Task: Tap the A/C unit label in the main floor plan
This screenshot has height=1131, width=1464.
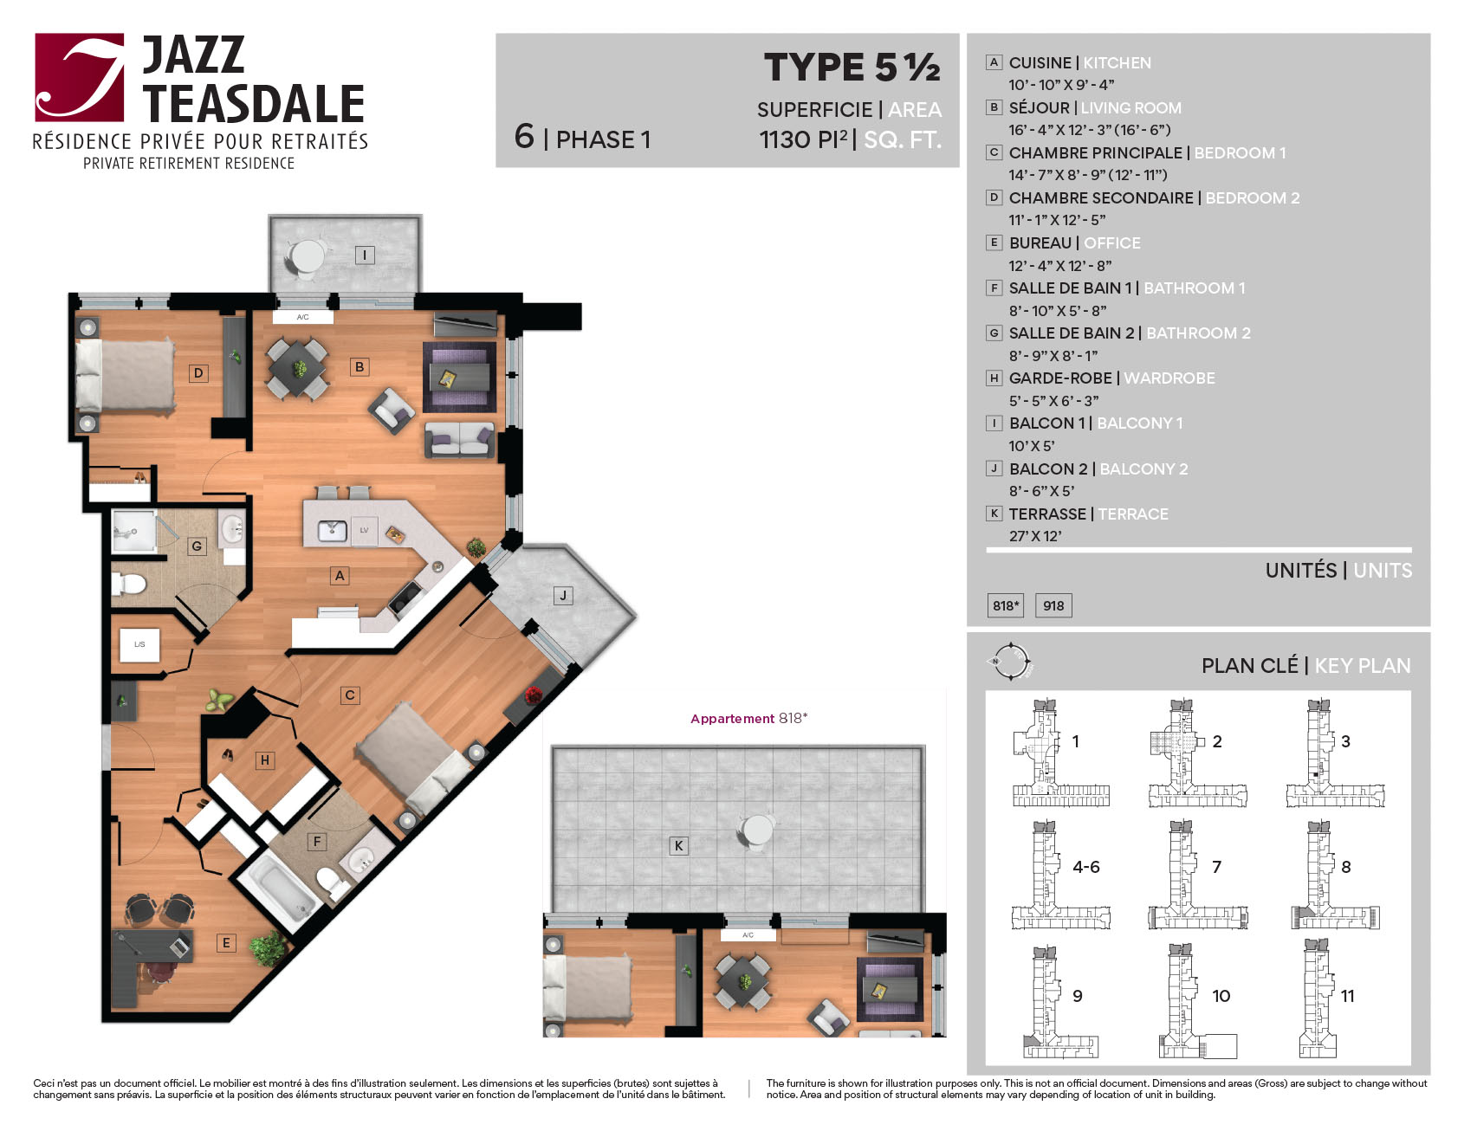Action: [302, 317]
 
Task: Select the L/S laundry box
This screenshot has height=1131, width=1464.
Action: [139, 644]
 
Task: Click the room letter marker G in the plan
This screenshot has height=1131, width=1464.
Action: [198, 546]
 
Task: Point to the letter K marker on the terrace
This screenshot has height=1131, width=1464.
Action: [679, 845]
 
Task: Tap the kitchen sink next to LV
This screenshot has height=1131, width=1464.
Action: [333, 530]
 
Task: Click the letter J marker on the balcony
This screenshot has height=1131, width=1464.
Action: [563, 595]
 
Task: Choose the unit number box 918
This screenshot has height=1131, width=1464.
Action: [1053, 605]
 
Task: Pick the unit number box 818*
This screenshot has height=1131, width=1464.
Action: [1006, 605]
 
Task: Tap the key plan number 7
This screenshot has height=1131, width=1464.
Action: [1216, 867]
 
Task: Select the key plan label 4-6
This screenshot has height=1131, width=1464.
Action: [1086, 867]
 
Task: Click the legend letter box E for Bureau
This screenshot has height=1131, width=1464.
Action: [994, 242]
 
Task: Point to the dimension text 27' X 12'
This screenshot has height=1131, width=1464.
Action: [1035, 536]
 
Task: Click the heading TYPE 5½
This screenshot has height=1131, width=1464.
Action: [852, 68]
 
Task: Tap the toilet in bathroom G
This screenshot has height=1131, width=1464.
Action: [129, 584]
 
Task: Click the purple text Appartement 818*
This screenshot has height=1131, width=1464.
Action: [748, 718]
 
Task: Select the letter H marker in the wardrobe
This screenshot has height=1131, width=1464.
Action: [265, 760]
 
